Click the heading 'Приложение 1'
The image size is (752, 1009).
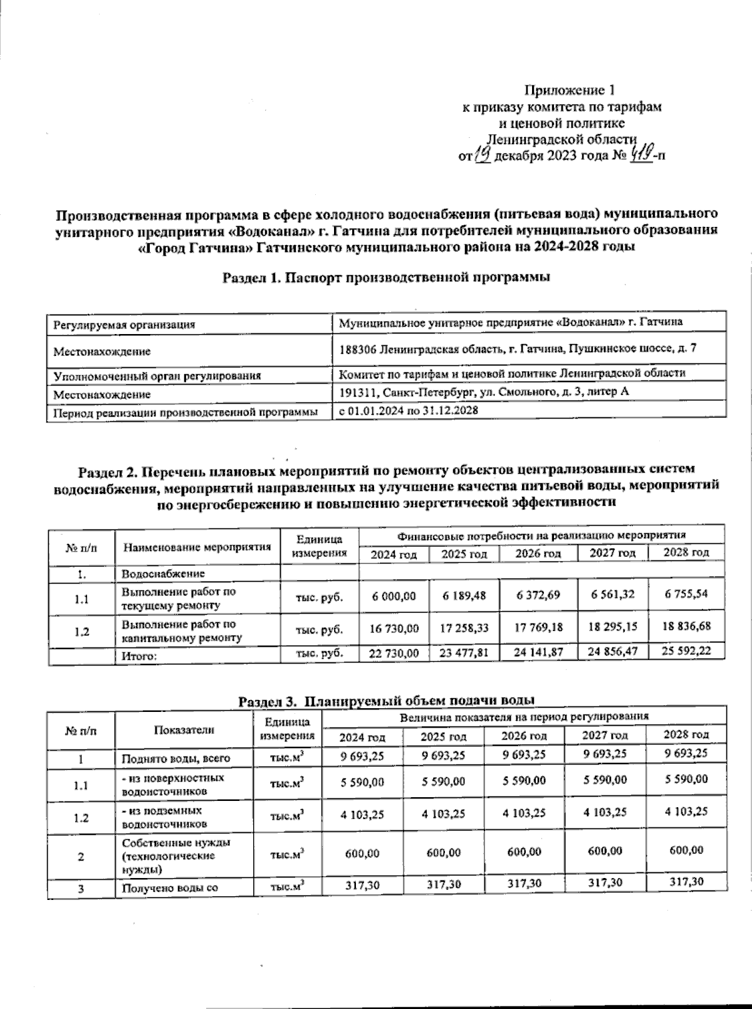[573, 91]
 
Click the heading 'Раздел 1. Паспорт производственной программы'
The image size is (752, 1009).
[386, 278]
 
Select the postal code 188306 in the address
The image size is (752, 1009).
[357, 348]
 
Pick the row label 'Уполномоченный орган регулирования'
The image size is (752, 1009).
[157, 376]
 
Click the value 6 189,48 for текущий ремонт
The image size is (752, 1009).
[464, 595]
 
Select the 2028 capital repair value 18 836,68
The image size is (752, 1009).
[686, 626]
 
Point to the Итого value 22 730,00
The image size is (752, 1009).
[394, 653]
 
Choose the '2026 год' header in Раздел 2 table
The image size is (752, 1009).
[538, 554]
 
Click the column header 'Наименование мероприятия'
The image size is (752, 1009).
[197, 546]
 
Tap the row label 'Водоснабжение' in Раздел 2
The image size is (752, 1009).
[163, 573]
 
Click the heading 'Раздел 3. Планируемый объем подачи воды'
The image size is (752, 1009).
[387, 700]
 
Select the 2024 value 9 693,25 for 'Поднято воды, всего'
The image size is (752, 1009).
[362, 756]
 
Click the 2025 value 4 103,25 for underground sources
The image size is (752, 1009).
[443, 814]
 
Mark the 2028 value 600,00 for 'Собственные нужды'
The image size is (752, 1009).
[686, 850]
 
